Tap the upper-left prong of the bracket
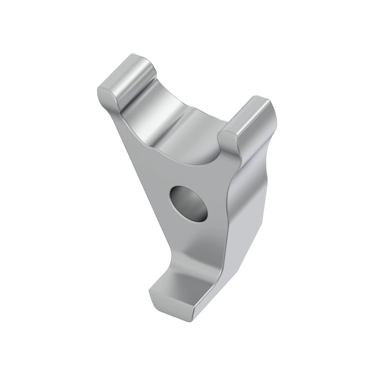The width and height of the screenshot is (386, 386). pyautogui.click(x=125, y=80)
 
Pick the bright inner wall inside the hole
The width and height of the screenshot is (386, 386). pyautogui.click(x=196, y=209)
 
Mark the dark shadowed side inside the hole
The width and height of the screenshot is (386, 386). pyautogui.click(x=179, y=198)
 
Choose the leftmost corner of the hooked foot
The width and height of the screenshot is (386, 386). pyautogui.click(x=150, y=291)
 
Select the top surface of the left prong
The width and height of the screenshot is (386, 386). pyautogui.click(x=129, y=63)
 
